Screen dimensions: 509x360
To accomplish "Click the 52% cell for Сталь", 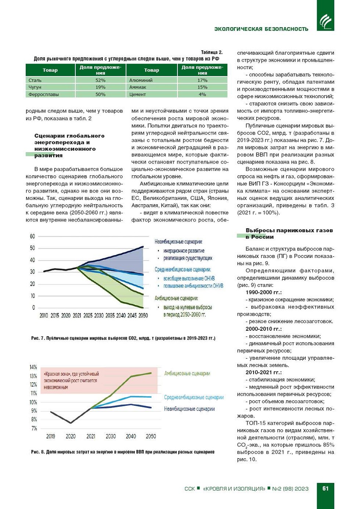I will point(100,80).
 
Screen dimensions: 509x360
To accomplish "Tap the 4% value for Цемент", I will point(202,94).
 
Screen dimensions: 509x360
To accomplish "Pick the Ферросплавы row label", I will point(44,94).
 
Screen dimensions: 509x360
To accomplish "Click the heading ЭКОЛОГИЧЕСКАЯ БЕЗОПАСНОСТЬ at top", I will point(261,29).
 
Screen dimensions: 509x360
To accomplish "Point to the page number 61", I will point(325,488).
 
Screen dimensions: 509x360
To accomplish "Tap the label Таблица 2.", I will point(212,52).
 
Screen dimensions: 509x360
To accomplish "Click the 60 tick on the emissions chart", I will point(33,236).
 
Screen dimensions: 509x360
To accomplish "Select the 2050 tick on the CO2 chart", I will point(143,315).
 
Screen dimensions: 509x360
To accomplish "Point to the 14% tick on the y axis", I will point(33,367).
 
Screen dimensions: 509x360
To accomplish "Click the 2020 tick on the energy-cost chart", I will point(71,436).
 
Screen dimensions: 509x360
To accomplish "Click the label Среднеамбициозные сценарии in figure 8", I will point(194,397).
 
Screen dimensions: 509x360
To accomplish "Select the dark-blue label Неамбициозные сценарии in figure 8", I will point(189,409).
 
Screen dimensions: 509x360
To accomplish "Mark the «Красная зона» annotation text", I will point(71,380).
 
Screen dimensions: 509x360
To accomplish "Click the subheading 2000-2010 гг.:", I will point(263,329).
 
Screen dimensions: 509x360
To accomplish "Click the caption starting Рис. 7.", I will point(123,338).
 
